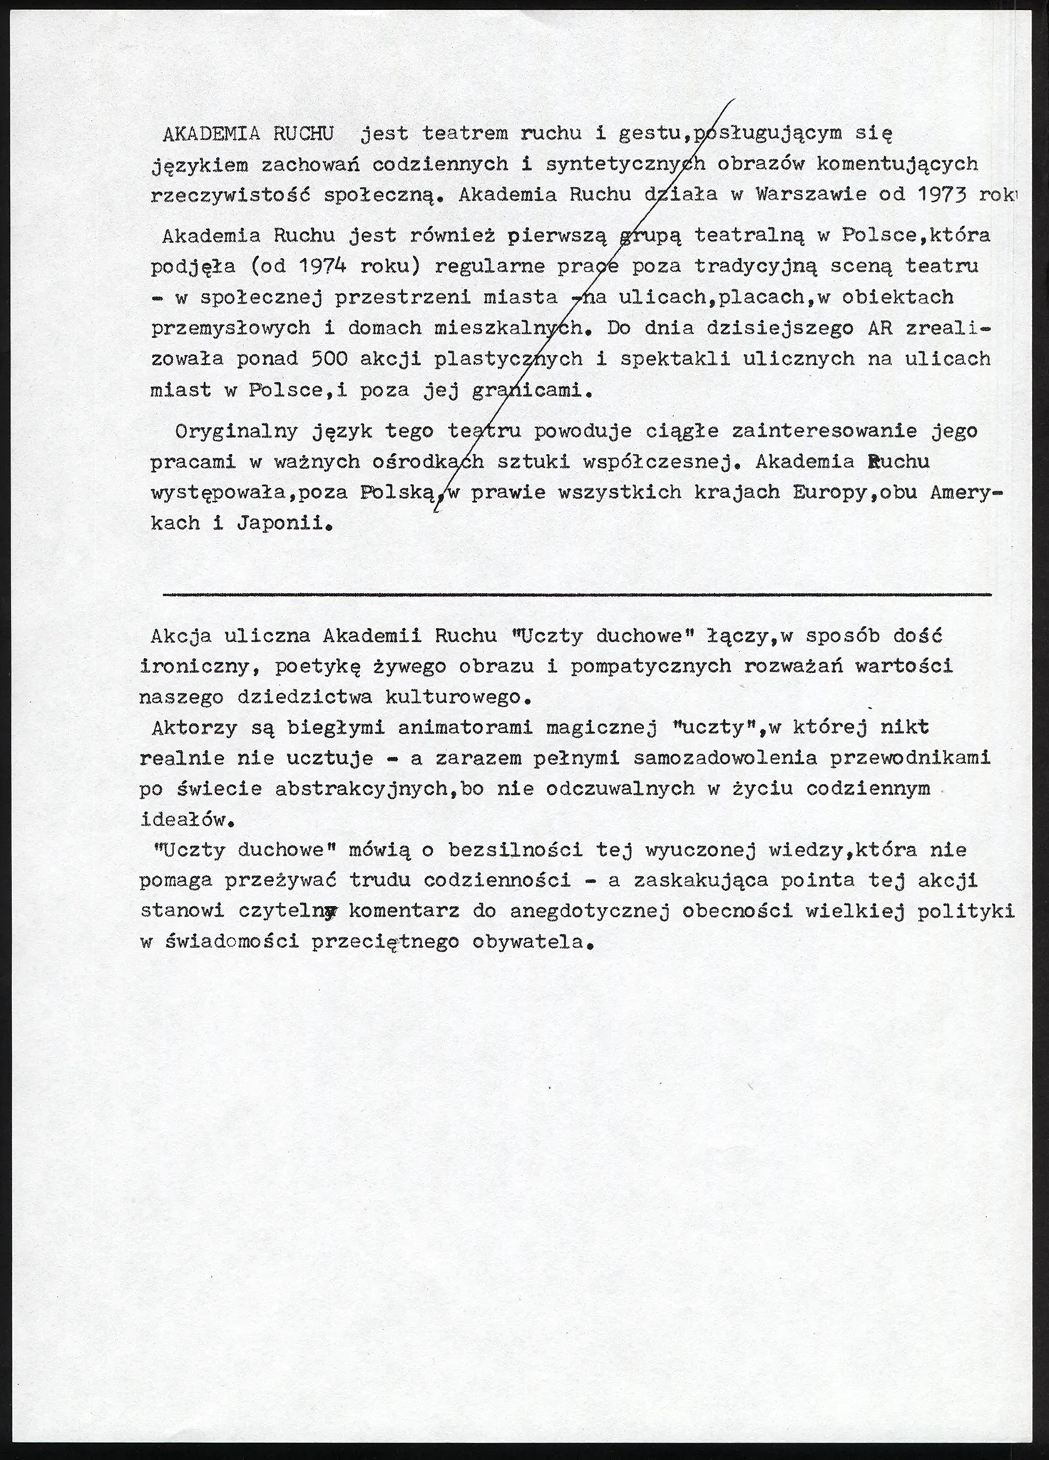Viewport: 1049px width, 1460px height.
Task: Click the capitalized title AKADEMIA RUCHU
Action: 248,133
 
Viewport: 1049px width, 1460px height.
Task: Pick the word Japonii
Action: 284,523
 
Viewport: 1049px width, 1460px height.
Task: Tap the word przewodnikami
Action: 911,758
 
